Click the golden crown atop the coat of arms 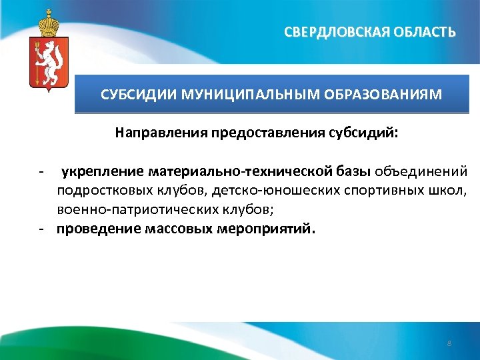coord(46,23)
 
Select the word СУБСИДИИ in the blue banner coord(129,95)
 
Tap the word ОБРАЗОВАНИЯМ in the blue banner coord(383,95)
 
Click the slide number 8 coord(449,343)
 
